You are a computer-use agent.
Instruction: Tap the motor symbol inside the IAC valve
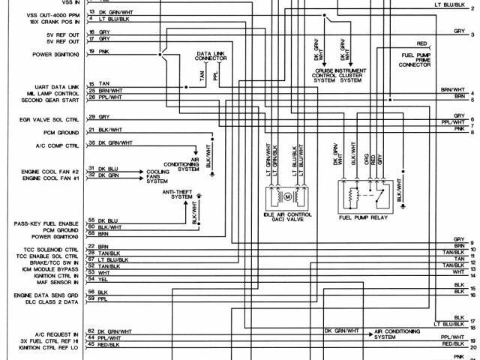[286, 196]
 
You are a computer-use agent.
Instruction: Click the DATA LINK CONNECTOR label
[212, 58]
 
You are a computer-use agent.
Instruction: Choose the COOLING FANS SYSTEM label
[157, 176]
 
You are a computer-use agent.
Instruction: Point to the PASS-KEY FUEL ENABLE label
[46, 222]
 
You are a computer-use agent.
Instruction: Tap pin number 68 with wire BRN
[91, 233]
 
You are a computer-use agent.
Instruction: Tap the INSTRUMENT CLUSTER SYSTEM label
[356, 74]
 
